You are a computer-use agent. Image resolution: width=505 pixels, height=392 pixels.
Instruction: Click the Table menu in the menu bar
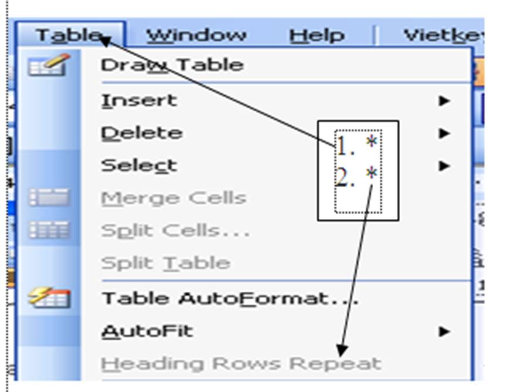tap(70, 35)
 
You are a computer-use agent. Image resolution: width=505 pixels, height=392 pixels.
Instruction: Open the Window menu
tap(196, 35)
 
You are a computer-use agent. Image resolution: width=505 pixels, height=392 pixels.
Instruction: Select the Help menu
tap(317, 35)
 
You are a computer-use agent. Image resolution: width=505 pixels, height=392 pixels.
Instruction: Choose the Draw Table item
tap(172, 65)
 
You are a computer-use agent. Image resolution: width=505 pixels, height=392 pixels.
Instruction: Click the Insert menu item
tap(139, 100)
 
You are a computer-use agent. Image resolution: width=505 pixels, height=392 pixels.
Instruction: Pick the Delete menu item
tap(142, 133)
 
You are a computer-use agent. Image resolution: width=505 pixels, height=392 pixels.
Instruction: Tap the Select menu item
tap(139, 166)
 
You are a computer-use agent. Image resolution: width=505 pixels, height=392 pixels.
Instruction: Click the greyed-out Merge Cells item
tap(173, 198)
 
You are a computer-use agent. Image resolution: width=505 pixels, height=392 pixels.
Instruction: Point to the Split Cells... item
tap(175, 231)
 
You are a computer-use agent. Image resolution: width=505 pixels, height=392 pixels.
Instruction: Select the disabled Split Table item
tap(165, 263)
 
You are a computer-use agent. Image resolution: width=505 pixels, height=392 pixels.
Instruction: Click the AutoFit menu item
tap(147, 332)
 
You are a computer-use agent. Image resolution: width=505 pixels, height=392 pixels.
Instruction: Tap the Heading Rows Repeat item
tap(241, 364)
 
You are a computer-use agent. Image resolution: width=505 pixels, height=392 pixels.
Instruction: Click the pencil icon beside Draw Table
tap(49, 65)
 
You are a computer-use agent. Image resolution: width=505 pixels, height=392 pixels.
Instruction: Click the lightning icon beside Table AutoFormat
tap(49, 298)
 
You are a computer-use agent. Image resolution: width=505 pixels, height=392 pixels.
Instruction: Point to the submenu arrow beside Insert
tap(445, 101)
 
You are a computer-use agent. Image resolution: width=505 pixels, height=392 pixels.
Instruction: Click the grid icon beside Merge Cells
tap(49, 198)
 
